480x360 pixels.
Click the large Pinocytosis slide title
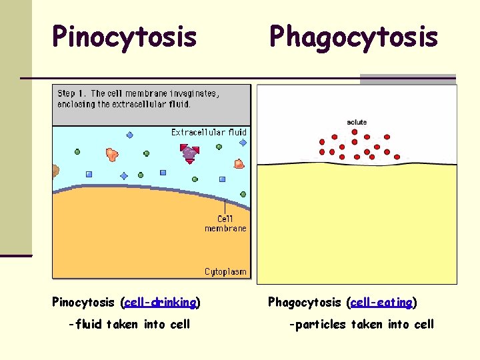point(125,37)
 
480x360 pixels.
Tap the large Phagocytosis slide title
point(353,37)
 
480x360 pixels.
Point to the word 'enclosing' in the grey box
point(76,104)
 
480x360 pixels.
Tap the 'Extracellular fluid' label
point(209,132)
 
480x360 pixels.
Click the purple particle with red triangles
point(189,153)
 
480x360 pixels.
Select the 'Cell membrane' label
point(225,223)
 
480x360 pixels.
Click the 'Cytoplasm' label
point(225,271)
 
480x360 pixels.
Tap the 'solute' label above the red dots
point(357,122)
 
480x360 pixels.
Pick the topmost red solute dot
point(355,132)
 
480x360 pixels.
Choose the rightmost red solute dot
point(397,157)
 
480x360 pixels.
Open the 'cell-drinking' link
point(160,303)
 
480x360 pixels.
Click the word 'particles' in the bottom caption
point(319,325)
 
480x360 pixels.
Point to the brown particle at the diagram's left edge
point(55,172)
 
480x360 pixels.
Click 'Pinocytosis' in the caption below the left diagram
point(85,303)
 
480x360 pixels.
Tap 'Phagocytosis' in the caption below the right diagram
point(304,303)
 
